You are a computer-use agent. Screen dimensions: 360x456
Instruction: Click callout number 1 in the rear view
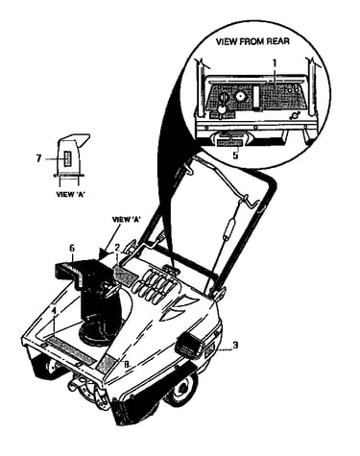pyautogui.click(x=274, y=62)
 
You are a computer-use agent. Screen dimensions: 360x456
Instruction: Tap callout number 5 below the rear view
pyautogui.click(x=235, y=156)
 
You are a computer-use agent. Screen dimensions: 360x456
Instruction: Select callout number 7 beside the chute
pyautogui.click(x=38, y=158)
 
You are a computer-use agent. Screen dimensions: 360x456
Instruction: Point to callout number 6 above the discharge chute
pyautogui.click(x=72, y=248)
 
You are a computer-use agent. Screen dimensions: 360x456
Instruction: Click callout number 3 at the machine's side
pyautogui.click(x=235, y=346)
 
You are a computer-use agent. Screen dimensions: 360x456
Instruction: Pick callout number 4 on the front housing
pyautogui.click(x=54, y=310)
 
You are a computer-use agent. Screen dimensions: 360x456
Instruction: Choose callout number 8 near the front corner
pyautogui.click(x=127, y=364)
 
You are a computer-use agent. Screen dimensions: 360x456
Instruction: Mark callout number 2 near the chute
pyautogui.click(x=117, y=248)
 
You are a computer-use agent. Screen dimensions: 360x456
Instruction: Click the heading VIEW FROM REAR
pyautogui.click(x=252, y=41)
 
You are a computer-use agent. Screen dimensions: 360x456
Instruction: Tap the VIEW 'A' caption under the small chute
pyautogui.click(x=70, y=194)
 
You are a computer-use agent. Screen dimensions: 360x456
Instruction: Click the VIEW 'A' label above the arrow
pyautogui.click(x=127, y=220)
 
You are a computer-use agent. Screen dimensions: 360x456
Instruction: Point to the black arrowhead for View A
pyautogui.click(x=104, y=253)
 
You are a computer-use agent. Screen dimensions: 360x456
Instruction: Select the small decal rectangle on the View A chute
pyautogui.click(x=67, y=158)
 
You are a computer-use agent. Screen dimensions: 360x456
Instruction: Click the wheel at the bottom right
pyautogui.click(x=181, y=388)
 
